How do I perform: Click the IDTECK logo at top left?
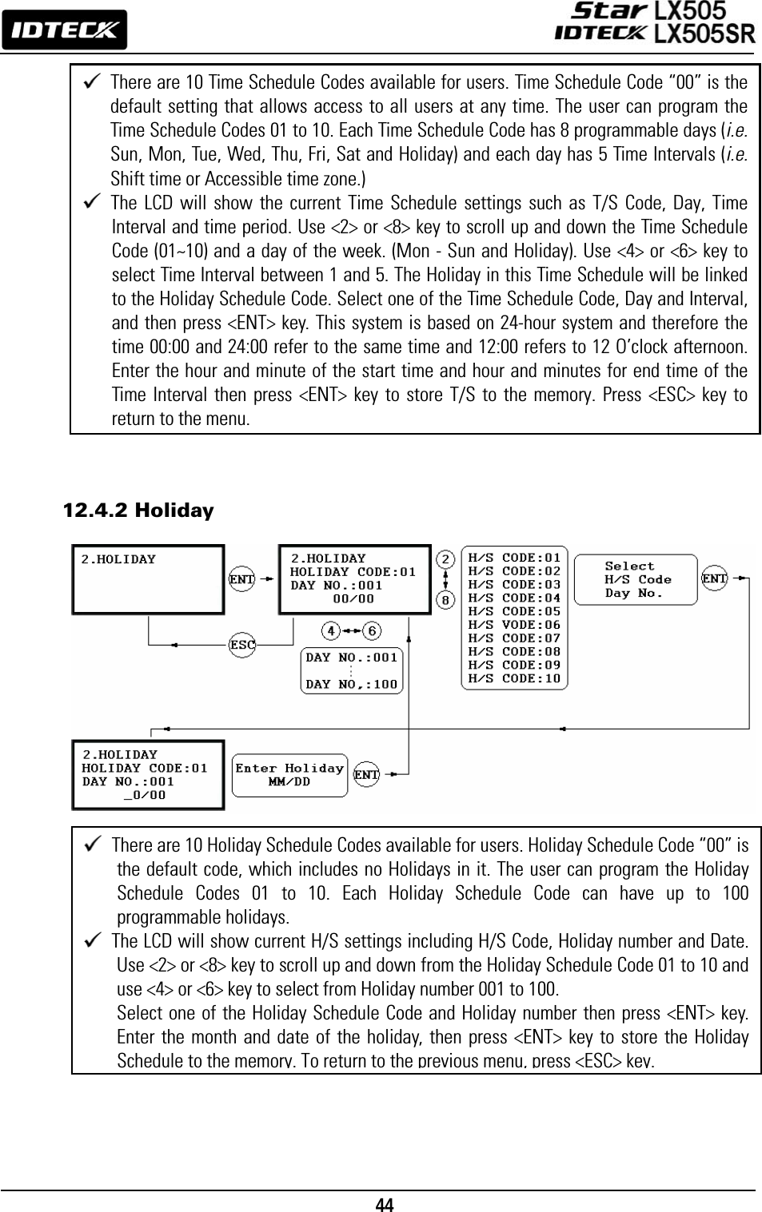coord(64,30)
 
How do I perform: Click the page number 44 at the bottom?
coord(385,1204)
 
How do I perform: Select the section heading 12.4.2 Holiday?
coord(138,510)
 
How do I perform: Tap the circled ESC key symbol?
coord(242,645)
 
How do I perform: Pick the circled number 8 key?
coord(446,598)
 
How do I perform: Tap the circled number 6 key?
coord(371,631)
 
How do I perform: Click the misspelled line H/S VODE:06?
coord(514,625)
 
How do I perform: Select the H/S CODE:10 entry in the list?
coord(514,678)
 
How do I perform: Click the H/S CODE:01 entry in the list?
coord(514,558)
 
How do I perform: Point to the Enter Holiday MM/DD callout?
coord(289,775)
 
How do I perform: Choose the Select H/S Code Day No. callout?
coord(636,579)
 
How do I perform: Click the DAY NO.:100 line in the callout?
coord(352,684)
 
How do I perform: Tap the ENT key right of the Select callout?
coord(714,578)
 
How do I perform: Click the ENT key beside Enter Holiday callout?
coord(366,774)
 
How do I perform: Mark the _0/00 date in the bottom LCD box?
coord(145,795)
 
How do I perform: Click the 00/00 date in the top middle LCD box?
coord(353,598)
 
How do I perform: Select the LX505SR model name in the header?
coord(704,34)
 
